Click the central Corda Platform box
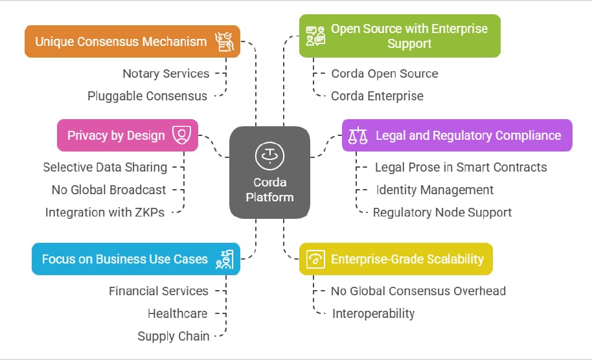coord(269,172)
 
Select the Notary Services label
coord(166,73)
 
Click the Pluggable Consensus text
coord(148,96)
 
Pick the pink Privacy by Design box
coord(128,135)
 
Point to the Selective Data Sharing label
coord(105,167)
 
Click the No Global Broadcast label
coord(109,190)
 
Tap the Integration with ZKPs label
coord(104,212)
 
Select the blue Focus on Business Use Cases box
coord(135,259)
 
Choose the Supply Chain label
coord(173,336)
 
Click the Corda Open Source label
coord(385,73)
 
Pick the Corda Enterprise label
coord(377,96)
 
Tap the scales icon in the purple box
coord(358,135)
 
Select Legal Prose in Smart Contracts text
coord(461,167)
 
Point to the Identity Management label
coord(435,190)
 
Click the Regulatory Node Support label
coord(442,212)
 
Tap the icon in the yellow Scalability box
coord(316,259)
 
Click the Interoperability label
coord(373,313)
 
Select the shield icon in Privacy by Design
coord(182,135)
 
